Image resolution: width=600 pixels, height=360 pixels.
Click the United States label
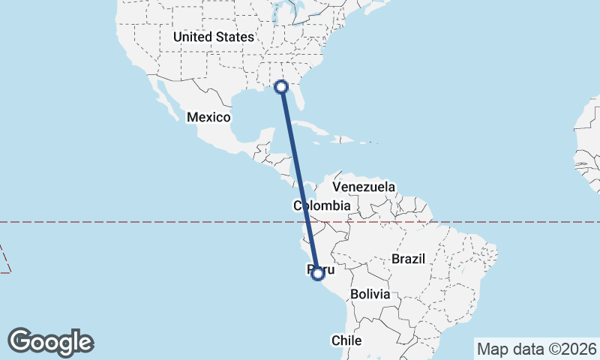(x=213, y=36)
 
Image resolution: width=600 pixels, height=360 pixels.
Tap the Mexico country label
(x=208, y=117)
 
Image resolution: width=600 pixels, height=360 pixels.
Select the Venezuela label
(x=364, y=186)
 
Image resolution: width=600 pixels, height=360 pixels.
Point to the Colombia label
(x=322, y=205)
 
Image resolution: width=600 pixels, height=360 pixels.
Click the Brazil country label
(x=409, y=259)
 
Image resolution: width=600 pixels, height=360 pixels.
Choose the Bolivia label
(x=370, y=294)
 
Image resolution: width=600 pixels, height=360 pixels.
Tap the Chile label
(x=346, y=340)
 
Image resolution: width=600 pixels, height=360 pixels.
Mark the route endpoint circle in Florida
(x=282, y=87)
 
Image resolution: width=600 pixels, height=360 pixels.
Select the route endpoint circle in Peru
(x=317, y=274)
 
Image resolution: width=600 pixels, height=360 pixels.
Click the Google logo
(x=51, y=341)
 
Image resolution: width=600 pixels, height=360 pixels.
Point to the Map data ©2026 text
(x=537, y=349)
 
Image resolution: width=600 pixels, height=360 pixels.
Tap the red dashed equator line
(x=150, y=222)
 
